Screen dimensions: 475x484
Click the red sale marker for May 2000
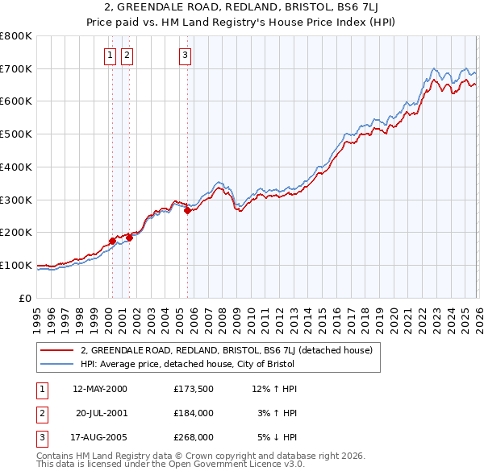[x=112, y=241]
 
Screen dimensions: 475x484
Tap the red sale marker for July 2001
[x=129, y=237]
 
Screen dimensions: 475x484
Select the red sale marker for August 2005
[x=187, y=211]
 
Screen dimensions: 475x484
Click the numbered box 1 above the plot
[x=109, y=56]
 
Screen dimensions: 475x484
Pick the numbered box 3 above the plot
[x=185, y=56]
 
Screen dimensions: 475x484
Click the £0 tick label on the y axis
[x=26, y=298]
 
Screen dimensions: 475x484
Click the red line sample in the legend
[x=58, y=351]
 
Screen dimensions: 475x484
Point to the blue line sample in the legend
[x=58, y=365]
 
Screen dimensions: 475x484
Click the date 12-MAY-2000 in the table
[x=99, y=389]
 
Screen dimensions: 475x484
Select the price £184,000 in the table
[x=194, y=413]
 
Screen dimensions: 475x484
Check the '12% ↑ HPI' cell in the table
[x=274, y=389]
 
